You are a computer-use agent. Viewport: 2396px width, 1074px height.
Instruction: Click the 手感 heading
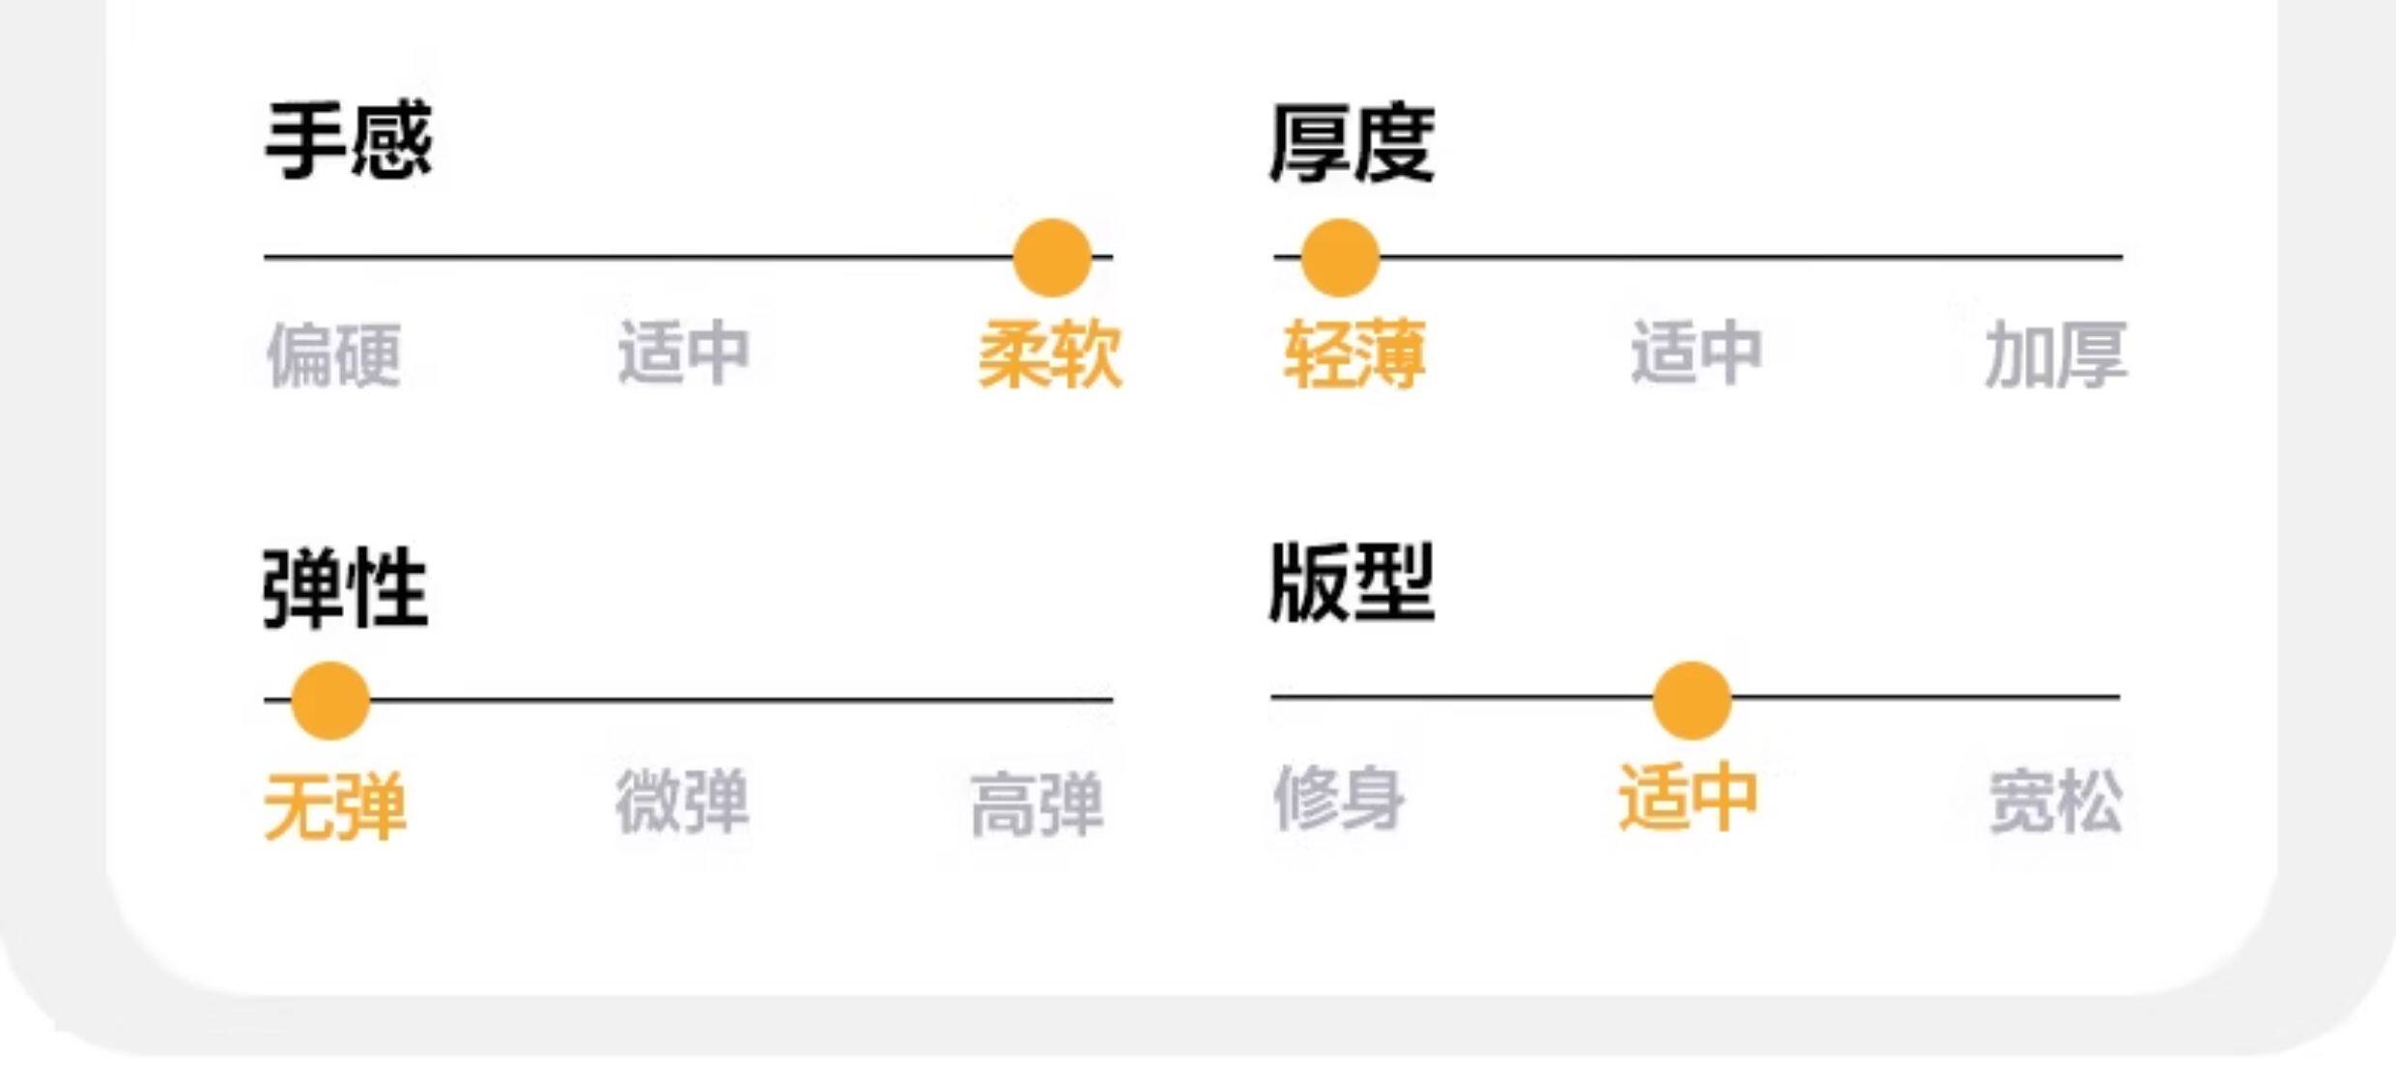pyautogui.click(x=349, y=142)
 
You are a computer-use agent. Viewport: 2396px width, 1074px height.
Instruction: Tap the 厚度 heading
pyautogui.click(x=1352, y=144)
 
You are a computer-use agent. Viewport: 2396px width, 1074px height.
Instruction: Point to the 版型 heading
pyautogui.click(x=1352, y=583)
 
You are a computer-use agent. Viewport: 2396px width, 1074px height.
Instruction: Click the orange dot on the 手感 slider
pyautogui.click(x=1052, y=258)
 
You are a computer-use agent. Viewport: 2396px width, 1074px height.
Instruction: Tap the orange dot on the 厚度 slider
pyautogui.click(x=1339, y=258)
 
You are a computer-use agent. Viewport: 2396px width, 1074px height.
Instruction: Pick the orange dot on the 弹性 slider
pyautogui.click(x=330, y=700)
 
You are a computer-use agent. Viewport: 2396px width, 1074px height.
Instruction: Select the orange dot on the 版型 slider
pyautogui.click(x=1692, y=700)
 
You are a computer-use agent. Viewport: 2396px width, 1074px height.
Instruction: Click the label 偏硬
pyautogui.click(x=333, y=354)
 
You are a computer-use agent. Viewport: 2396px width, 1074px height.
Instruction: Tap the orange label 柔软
pyautogui.click(x=1050, y=354)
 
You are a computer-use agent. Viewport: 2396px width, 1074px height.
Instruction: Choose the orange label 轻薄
pyautogui.click(x=1354, y=354)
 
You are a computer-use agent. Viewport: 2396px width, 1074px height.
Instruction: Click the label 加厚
pyautogui.click(x=2055, y=354)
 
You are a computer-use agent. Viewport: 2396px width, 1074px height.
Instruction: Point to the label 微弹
pyautogui.click(x=682, y=801)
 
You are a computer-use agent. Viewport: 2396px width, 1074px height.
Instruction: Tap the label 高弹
pyautogui.click(x=1037, y=804)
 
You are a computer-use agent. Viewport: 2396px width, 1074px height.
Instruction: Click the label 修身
pyautogui.click(x=1338, y=798)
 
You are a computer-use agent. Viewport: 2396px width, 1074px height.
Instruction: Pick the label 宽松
pyautogui.click(x=2055, y=801)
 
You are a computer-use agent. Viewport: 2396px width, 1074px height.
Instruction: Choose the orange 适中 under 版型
pyautogui.click(x=1688, y=798)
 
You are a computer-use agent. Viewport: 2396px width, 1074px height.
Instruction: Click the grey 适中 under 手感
pyautogui.click(x=684, y=352)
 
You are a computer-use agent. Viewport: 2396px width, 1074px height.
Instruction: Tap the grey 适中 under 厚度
pyautogui.click(x=1697, y=352)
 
